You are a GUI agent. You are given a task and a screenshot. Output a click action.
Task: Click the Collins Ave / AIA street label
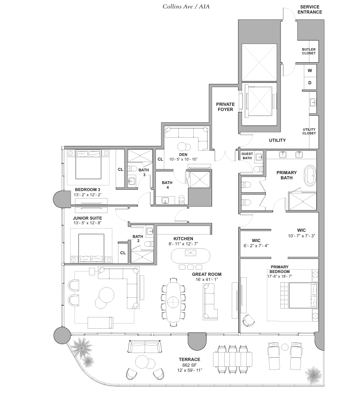tap(186, 7)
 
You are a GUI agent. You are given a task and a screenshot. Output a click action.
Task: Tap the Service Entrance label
tap(310, 9)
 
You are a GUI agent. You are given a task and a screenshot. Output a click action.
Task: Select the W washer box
tap(310, 71)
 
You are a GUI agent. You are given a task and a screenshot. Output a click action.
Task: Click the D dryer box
tap(310, 83)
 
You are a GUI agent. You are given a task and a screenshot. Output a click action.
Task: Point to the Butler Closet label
tap(309, 52)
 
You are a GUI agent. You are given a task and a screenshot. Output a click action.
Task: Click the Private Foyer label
tap(225, 107)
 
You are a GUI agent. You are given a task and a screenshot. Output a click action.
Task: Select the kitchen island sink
tap(191, 253)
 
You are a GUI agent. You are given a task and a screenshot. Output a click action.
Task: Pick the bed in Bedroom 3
tap(88, 165)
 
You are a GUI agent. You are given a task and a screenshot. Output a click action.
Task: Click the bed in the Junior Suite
tap(91, 248)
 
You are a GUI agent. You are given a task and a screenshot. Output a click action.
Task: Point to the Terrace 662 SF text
tap(190, 362)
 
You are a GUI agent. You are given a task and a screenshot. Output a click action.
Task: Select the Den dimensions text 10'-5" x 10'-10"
tap(183, 159)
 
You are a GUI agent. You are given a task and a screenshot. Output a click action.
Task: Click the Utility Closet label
tap(309, 131)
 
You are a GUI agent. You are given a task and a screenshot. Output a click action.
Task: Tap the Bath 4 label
tap(167, 185)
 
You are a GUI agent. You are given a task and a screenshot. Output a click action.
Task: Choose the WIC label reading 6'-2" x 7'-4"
tap(256, 243)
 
